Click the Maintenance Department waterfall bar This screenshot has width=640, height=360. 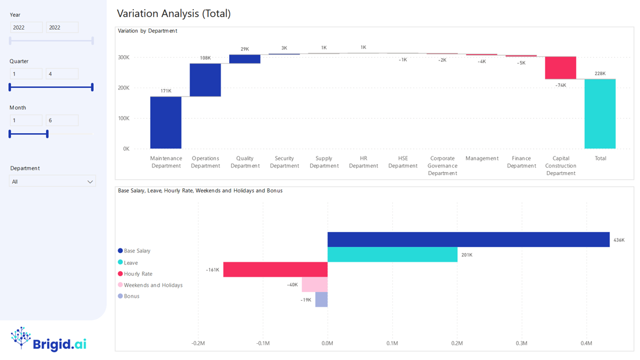(x=166, y=122)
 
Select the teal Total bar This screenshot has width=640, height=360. (x=600, y=113)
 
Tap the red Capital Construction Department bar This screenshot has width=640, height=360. (x=560, y=67)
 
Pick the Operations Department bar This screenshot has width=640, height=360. (x=205, y=80)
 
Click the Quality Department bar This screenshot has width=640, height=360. (x=245, y=59)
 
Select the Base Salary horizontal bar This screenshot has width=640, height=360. (x=468, y=240)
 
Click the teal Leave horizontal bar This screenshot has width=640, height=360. (x=392, y=255)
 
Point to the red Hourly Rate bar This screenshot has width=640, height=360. (x=275, y=269)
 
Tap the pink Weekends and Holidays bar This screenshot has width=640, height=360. (x=315, y=284)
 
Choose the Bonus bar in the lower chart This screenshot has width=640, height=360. (x=321, y=300)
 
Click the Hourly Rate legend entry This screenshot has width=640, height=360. (x=138, y=274)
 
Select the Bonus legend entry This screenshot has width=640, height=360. (x=131, y=296)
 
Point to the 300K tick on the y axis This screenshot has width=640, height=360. (x=123, y=58)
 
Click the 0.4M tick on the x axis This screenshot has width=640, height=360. (x=586, y=343)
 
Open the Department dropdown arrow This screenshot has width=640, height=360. (x=90, y=182)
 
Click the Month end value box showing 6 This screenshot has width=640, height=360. (x=62, y=120)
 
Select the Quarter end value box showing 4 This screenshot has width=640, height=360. (x=62, y=74)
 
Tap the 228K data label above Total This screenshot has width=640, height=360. (x=600, y=74)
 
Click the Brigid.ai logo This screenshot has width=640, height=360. (x=49, y=339)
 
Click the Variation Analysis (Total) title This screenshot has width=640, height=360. (x=173, y=13)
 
